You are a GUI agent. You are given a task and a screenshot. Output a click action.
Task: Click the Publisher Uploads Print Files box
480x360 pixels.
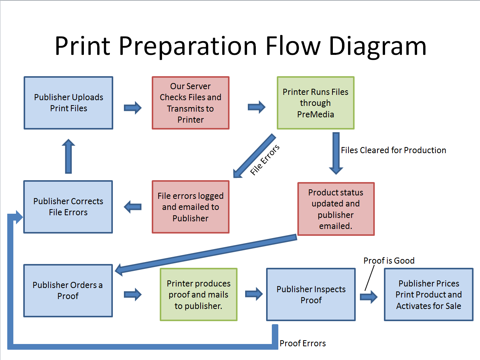point(68,103)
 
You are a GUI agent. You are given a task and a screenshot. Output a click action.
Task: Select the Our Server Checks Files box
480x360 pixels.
point(190,103)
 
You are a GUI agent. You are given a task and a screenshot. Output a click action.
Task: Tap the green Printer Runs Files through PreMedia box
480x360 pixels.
point(315,103)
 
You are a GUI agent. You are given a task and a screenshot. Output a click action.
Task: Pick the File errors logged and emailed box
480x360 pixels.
point(190,207)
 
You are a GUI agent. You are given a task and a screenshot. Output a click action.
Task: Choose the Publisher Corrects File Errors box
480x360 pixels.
point(68,207)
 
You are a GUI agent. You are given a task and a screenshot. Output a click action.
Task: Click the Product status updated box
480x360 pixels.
point(336,209)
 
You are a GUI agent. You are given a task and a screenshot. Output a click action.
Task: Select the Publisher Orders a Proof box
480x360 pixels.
point(68,290)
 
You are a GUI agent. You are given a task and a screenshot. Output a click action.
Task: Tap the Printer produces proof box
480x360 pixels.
point(198,294)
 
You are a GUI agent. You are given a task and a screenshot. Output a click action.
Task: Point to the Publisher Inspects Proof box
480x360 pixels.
point(311,294)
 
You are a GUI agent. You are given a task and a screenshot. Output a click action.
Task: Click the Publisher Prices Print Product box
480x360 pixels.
point(429,294)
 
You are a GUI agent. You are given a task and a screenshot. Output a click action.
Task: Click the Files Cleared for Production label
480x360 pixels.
point(393,150)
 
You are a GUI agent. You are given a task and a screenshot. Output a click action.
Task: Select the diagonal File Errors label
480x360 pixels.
point(265,160)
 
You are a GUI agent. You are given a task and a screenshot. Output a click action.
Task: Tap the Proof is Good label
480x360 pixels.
point(388,261)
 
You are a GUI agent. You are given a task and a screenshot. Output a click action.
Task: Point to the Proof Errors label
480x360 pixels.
point(302,343)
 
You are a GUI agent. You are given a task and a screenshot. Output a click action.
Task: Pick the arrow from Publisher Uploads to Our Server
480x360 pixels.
point(132,108)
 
